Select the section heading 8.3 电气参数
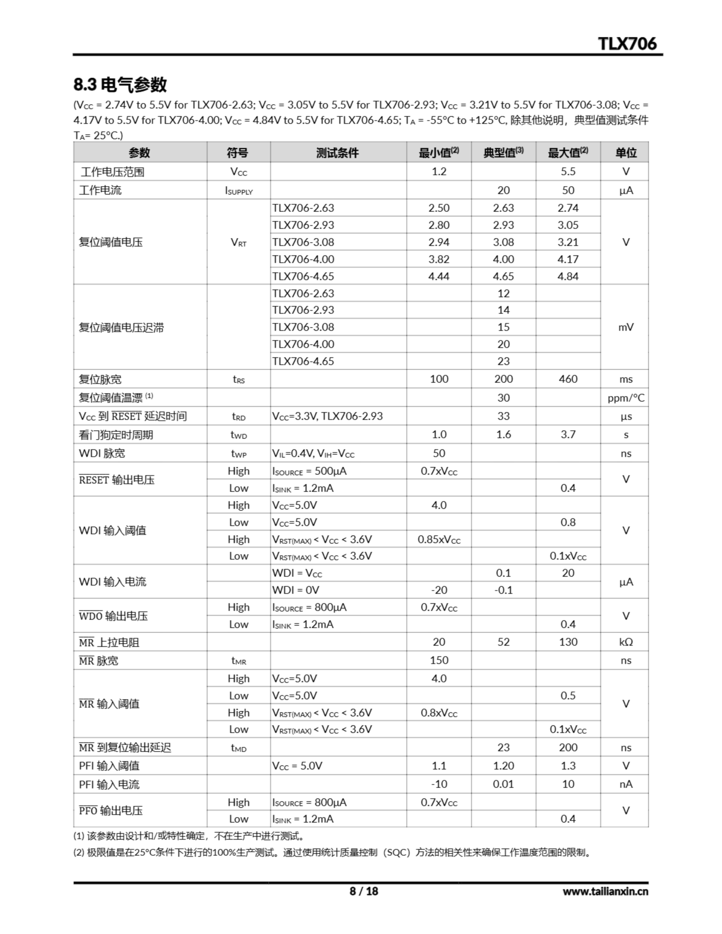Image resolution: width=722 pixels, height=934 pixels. tap(120, 85)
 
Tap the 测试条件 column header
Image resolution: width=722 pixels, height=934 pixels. tap(337, 153)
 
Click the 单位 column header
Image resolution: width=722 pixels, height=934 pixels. tap(626, 153)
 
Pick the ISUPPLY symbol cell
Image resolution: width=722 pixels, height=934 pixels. tap(238, 190)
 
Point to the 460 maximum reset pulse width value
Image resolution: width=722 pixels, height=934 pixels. tap(568, 379)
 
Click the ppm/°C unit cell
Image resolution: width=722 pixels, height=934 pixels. tap(626, 398)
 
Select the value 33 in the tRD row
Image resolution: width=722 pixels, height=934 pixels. tap(503, 416)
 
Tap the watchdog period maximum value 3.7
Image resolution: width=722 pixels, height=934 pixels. tap(568, 435)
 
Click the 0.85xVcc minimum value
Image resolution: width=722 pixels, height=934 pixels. tap(439, 539)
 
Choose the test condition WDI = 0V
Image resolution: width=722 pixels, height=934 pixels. tap(296, 590)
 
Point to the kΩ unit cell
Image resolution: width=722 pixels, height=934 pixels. tap(626, 642)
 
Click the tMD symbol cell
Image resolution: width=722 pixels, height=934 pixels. tap(238, 748)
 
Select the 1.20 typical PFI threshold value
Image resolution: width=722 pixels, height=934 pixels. tap(503, 765)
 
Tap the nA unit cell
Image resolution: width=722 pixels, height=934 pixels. tap(626, 784)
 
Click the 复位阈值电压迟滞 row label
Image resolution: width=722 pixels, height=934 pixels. tap(121, 328)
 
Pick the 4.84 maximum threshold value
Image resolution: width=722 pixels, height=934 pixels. tap(568, 276)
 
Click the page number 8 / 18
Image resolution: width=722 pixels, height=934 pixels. tap(364, 891)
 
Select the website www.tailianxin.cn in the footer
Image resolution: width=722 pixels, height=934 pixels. tap(605, 892)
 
